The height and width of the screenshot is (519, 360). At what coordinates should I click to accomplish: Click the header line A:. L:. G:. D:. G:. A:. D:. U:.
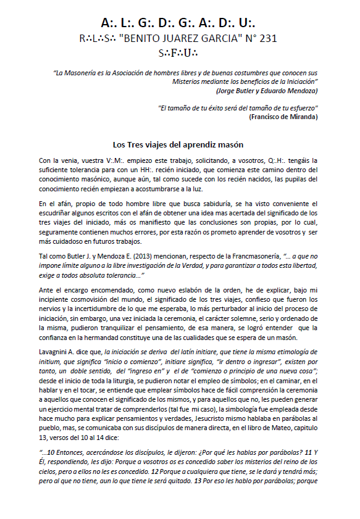coord(179,23)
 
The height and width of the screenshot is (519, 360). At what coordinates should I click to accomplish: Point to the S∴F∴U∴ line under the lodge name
coord(179,52)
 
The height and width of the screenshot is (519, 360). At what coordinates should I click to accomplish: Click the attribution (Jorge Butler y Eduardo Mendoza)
coord(267,90)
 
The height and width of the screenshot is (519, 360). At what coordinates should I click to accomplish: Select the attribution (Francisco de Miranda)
coord(283,116)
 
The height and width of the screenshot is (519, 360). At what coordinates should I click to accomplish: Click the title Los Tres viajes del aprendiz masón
coord(179,144)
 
